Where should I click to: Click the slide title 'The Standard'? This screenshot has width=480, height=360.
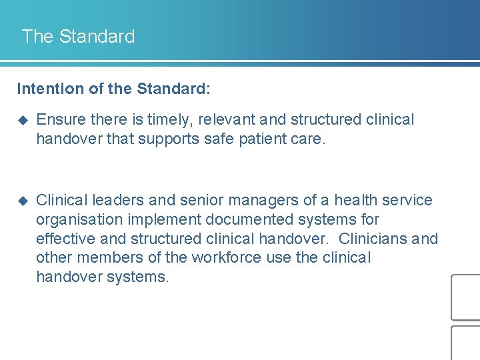(78, 36)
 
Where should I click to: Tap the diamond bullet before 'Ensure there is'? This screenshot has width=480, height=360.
(23, 120)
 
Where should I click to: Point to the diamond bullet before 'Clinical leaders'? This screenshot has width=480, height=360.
(23, 201)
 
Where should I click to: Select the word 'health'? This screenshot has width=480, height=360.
(359, 201)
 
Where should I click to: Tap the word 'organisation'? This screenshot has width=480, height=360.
(79, 219)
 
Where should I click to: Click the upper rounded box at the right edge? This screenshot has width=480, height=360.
(466, 297)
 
